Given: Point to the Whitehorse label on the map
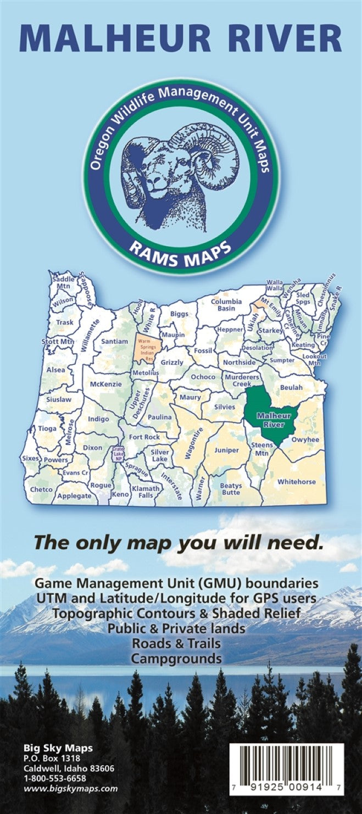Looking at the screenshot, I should [296, 482].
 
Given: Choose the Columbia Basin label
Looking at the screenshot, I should [226, 305].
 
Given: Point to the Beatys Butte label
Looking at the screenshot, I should [231, 489].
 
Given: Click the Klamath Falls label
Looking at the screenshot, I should [146, 492].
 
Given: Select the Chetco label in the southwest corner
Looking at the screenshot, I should [41, 489].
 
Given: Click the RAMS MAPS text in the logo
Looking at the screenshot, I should [181, 248].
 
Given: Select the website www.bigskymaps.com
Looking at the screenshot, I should [70, 789].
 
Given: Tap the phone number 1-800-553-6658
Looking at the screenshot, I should [54, 778].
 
